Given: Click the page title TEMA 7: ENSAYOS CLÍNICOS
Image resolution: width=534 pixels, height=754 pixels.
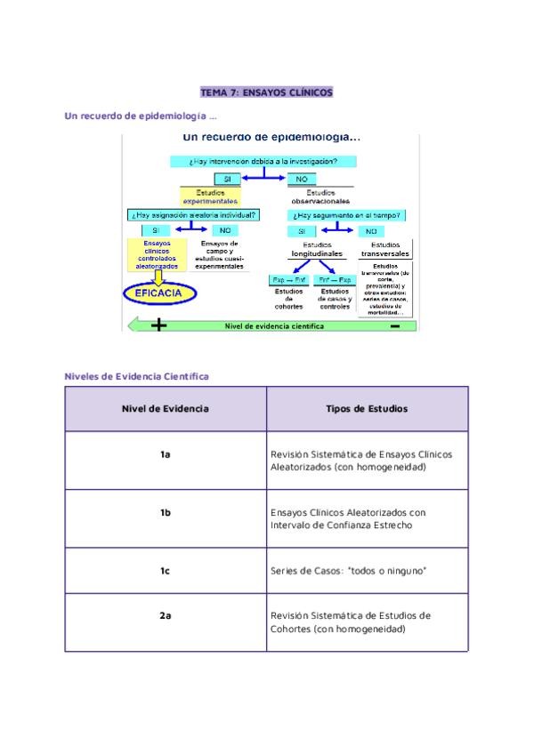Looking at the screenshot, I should (266, 92).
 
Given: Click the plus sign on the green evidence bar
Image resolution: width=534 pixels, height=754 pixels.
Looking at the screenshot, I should (159, 325).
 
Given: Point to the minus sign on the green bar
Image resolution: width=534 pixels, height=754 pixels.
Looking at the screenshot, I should (394, 325).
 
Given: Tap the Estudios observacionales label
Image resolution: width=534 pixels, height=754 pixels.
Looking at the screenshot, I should (320, 197).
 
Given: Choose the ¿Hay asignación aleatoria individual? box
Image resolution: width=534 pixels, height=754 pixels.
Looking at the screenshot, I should (194, 214).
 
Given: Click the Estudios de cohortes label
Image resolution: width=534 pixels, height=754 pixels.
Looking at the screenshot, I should (288, 299).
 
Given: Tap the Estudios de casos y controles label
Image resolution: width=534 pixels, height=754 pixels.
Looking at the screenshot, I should (335, 299).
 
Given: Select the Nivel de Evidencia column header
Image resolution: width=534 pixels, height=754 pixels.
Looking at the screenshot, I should (166, 409).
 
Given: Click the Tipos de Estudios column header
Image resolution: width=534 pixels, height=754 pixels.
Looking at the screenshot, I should (367, 409).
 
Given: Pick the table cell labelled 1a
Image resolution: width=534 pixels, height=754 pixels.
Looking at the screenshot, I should (166, 454).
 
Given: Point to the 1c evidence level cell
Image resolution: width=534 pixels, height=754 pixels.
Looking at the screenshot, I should (166, 570).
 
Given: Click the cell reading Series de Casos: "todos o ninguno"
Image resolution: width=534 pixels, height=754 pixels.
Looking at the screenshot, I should (348, 570).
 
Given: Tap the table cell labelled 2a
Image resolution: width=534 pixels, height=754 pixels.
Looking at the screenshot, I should (166, 615).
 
